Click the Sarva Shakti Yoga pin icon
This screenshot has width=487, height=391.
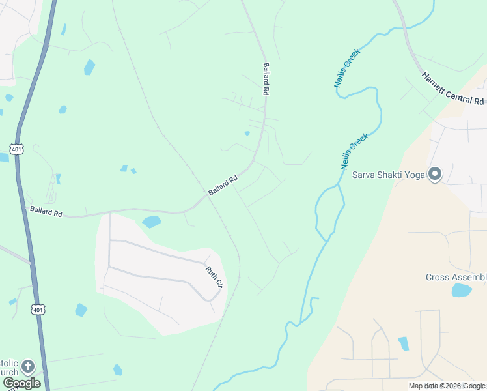tap(435, 174)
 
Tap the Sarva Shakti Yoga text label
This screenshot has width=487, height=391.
tap(388, 175)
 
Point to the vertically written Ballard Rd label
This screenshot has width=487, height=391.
tap(266, 79)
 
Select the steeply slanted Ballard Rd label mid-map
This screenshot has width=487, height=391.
tap(223, 186)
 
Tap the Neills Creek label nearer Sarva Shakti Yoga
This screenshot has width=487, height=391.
tap(355, 152)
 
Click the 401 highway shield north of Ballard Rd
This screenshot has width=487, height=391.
tap(16, 149)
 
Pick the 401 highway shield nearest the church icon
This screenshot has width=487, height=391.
tap(38, 310)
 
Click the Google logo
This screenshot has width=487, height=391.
tap(21, 383)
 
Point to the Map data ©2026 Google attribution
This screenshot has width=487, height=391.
tap(447, 386)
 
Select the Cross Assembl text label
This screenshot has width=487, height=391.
tap(456, 277)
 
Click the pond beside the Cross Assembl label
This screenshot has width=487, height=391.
tap(461, 290)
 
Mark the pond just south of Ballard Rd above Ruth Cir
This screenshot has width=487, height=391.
tap(151, 222)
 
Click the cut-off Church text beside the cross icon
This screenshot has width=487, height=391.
tap(9, 372)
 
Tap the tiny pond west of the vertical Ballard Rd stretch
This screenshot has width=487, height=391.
tap(247, 134)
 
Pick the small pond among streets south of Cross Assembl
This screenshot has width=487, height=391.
tap(404, 343)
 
